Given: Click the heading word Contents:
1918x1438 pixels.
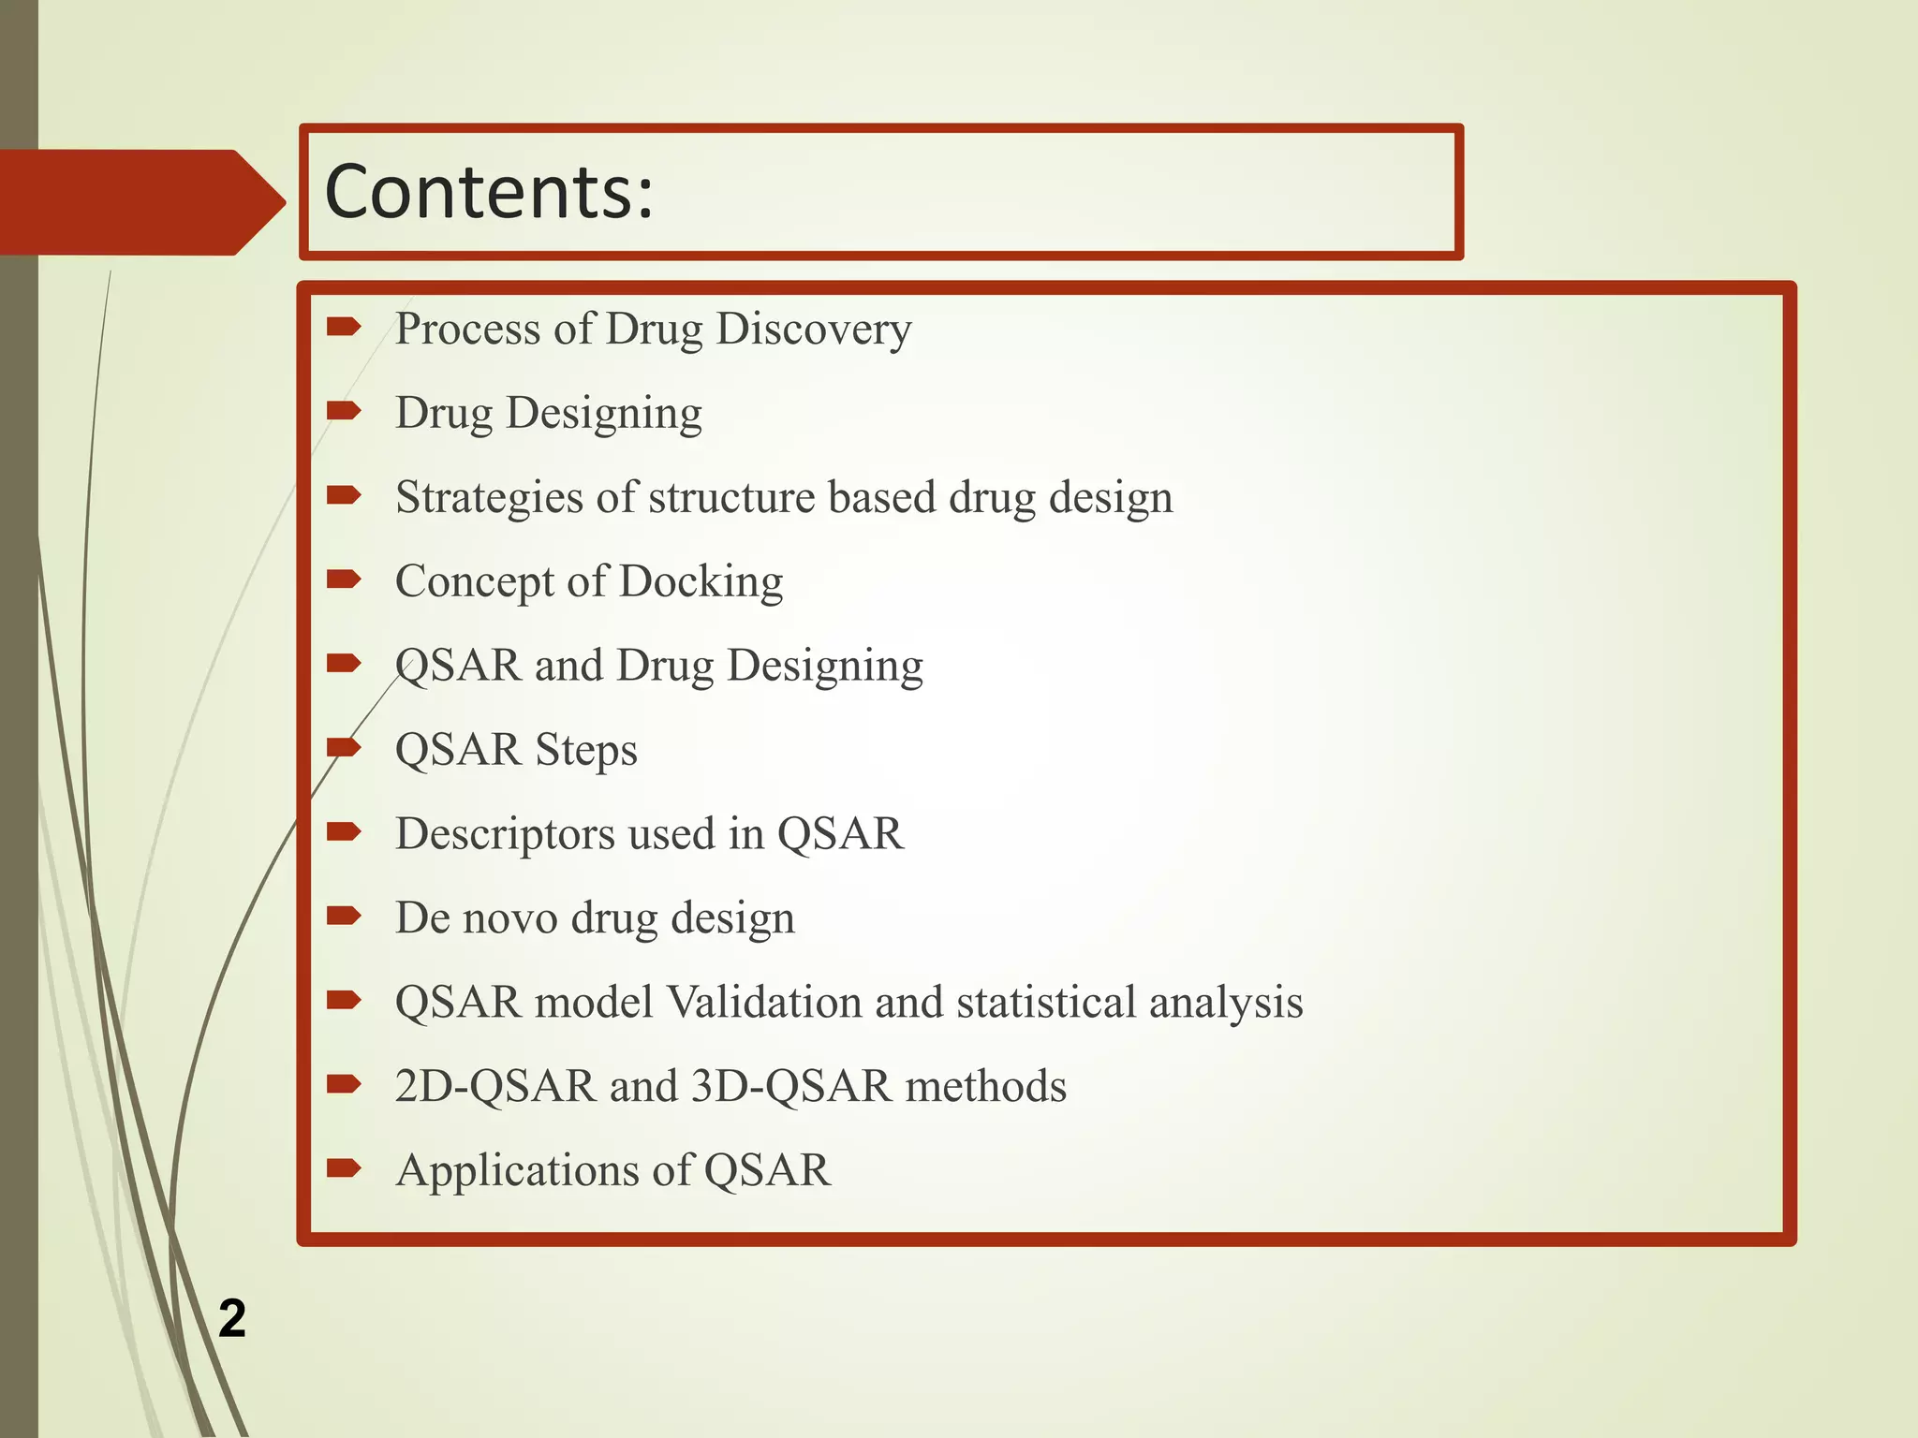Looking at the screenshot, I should click(x=488, y=192).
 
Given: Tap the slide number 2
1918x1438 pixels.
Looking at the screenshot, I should click(x=232, y=1318).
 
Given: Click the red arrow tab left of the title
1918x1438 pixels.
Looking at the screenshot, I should click(x=140, y=202).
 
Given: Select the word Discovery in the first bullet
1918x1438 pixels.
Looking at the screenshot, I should click(x=813, y=330).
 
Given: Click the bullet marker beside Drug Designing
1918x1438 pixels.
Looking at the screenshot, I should click(x=344, y=410).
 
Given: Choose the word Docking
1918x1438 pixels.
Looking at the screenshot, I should click(x=701, y=581).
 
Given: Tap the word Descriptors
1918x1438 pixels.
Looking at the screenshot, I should click(x=505, y=834).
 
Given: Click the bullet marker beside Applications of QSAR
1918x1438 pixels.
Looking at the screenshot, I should click(x=344, y=1168).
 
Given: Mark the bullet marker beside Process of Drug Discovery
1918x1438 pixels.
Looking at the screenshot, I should click(x=344, y=327).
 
